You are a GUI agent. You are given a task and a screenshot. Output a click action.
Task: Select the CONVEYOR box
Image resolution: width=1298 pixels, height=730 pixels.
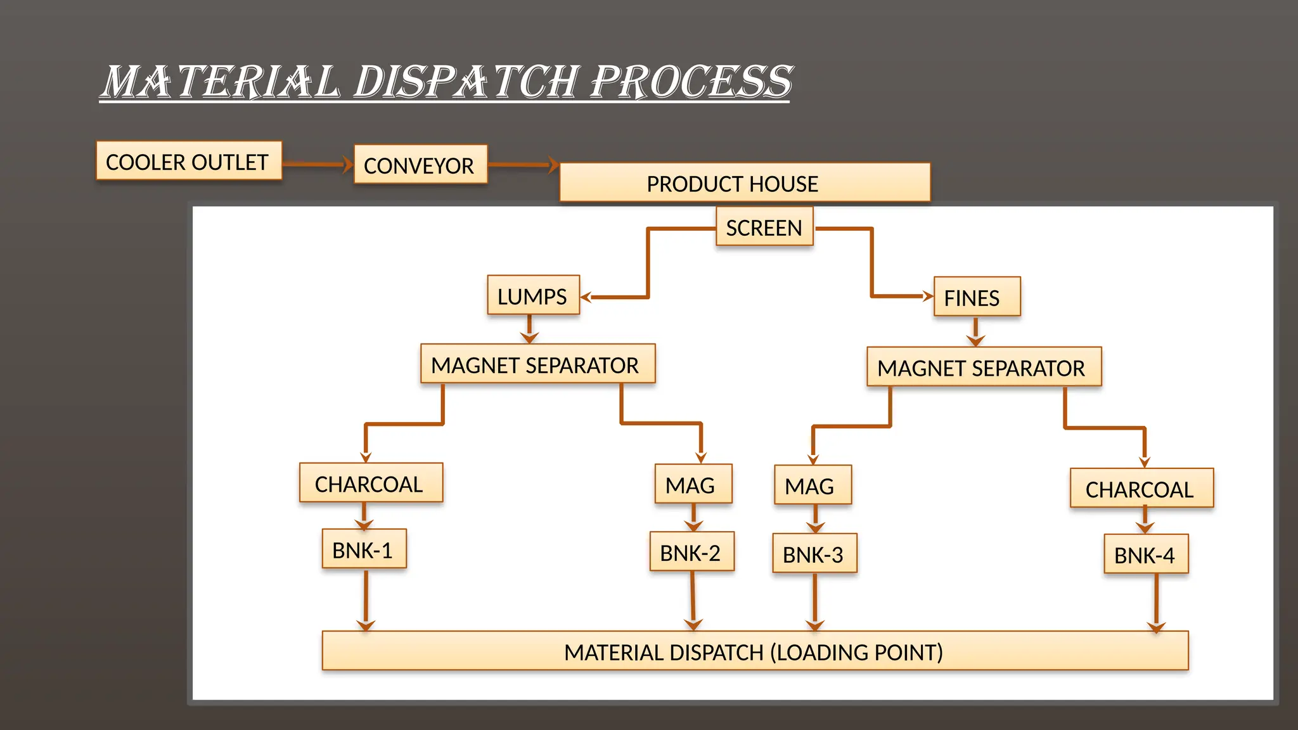point(420,165)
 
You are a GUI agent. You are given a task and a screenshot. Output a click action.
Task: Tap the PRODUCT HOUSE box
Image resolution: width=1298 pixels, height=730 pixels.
point(745,182)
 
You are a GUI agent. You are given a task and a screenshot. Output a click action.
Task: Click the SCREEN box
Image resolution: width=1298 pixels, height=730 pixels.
point(764,227)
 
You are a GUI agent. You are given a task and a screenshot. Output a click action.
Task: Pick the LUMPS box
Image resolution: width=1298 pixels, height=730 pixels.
point(533,295)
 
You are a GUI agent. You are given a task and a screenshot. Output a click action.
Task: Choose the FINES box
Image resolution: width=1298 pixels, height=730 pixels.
point(977,297)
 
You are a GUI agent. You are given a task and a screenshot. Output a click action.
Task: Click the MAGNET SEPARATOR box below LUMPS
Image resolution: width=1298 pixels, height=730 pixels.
point(537,364)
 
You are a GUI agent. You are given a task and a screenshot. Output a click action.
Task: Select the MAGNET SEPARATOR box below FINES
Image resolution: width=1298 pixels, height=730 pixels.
point(984,367)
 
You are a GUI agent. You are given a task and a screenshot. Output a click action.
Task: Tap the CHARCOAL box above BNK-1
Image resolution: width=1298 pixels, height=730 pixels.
point(371,483)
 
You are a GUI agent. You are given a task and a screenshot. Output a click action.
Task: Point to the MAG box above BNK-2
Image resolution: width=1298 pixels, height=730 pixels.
point(693,484)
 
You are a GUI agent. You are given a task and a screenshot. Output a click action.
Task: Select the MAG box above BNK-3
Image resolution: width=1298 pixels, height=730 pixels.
point(813,485)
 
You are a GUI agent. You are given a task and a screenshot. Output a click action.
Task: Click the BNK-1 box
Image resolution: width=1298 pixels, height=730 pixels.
point(364,549)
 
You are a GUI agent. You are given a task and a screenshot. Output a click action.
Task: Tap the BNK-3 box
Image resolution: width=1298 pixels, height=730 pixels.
point(814,553)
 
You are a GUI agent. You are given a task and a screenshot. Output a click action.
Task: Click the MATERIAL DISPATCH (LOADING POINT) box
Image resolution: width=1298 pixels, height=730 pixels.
point(754,651)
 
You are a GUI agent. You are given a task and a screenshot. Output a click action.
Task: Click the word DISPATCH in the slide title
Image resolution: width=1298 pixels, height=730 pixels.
point(466,82)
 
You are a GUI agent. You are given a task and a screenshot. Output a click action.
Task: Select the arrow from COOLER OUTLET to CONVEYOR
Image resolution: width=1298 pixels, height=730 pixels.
point(316,165)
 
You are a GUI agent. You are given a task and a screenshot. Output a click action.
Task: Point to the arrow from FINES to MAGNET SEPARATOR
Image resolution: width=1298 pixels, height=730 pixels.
point(975,331)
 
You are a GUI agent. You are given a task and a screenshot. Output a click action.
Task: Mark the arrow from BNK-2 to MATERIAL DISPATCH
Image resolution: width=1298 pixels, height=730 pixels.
point(693,599)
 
